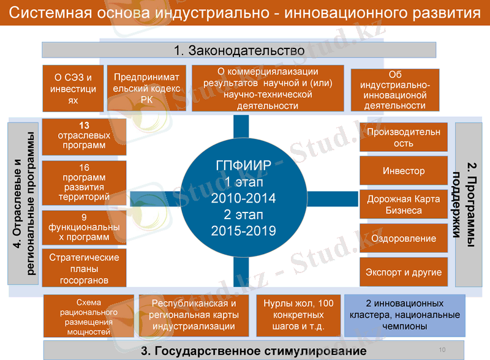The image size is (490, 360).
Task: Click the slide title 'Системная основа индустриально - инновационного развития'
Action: [x=245, y=13]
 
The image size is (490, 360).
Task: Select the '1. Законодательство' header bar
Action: [x=239, y=50]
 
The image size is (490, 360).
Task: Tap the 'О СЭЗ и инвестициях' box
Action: [x=73, y=88]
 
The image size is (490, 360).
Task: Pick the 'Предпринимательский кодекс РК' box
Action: [x=146, y=88]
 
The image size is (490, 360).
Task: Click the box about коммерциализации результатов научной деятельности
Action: [x=268, y=88]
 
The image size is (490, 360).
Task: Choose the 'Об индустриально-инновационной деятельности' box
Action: [x=394, y=90]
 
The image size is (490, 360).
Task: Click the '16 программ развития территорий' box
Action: [x=84, y=182]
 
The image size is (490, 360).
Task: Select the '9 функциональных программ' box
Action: [x=84, y=227]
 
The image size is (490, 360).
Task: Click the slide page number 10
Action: [x=442, y=350]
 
